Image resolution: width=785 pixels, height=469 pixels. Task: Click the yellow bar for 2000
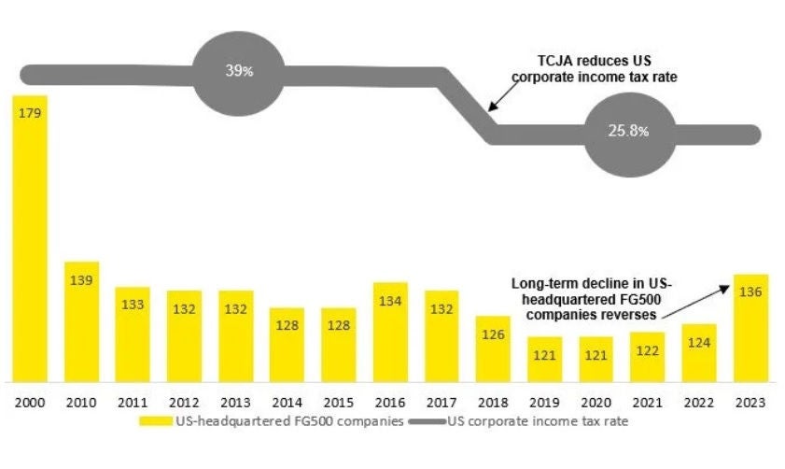pos(29,243)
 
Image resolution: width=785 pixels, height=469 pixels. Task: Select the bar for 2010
pos(81,322)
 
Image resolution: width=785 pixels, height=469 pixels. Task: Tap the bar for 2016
pos(389,332)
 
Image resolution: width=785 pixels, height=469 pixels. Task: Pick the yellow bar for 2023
pos(750,327)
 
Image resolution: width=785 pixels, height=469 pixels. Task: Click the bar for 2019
pos(544,359)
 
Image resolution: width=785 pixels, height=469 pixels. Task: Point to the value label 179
pos(29,113)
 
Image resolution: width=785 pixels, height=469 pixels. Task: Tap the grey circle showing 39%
pos(237,72)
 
